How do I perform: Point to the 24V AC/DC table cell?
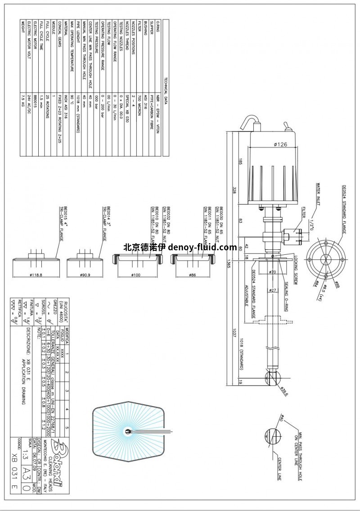click(28, 98)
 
